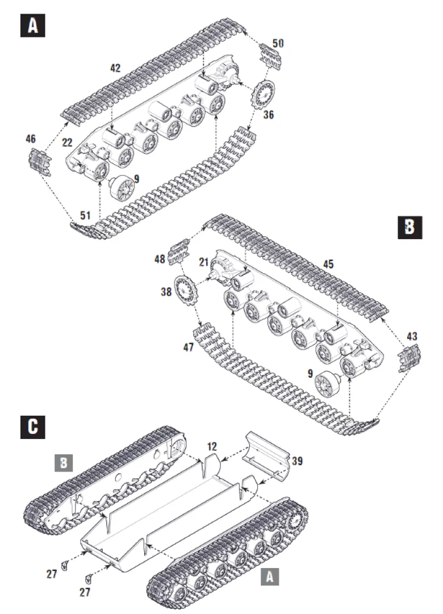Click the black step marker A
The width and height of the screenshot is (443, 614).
pos(32,26)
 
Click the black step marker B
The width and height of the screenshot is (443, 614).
pos(409,227)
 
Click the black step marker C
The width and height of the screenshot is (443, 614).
pos(32,427)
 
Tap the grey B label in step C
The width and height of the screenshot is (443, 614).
pos(64,463)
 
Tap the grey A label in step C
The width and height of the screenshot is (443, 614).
pos(270,577)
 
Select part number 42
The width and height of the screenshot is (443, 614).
pos(115,68)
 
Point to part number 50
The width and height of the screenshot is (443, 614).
pos(278,43)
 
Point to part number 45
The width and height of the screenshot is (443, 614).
pos(328,264)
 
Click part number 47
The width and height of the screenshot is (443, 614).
pos(189,347)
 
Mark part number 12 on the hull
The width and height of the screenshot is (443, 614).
pos(212,446)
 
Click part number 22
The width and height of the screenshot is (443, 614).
pos(68,142)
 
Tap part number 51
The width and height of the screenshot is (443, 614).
pos(85,215)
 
